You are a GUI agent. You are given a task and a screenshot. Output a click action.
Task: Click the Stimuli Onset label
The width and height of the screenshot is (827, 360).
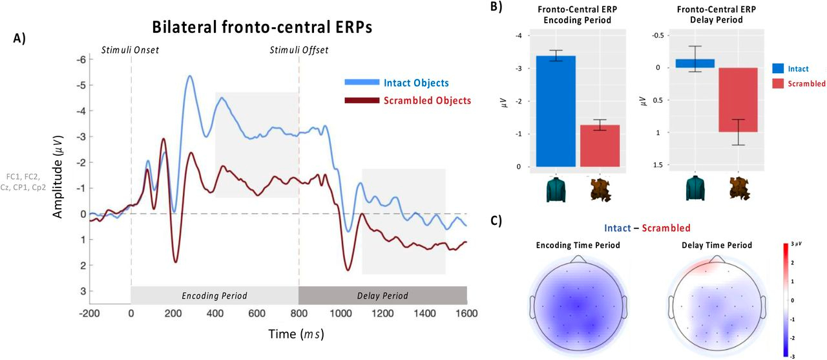(131, 49)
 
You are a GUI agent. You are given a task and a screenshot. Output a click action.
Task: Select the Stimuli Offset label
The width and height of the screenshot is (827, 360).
(298, 49)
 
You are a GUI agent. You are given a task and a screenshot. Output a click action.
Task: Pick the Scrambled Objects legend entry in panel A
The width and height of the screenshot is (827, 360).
(427, 100)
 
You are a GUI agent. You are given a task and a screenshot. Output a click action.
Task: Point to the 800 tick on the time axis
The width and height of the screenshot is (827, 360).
(298, 313)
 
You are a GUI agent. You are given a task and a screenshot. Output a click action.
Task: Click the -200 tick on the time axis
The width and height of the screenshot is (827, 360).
(89, 313)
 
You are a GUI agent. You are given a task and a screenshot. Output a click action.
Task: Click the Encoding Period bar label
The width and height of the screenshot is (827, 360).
(214, 296)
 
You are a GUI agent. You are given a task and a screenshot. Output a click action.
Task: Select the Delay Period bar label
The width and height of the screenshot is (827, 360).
(382, 296)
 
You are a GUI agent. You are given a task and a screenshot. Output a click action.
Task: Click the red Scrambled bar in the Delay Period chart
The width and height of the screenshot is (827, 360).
(739, 100)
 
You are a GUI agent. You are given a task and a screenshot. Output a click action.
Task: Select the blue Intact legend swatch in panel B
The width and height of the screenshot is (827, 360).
(782, 68)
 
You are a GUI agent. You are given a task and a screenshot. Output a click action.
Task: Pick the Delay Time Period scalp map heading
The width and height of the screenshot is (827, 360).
(717, 246)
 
